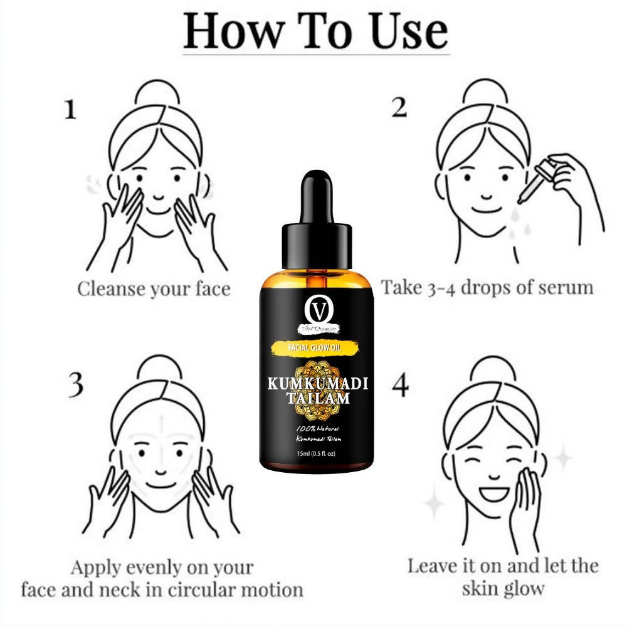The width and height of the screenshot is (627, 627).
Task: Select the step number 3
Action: point(75,386)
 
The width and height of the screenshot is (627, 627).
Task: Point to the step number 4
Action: point(400,386)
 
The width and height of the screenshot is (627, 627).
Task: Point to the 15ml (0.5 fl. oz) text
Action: point(316,454)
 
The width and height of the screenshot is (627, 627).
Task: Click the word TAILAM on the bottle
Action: point(317,399)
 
